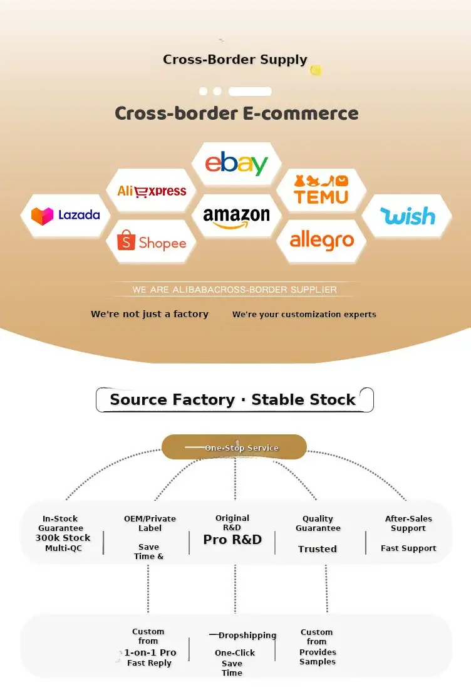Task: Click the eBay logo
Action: coord(236,163)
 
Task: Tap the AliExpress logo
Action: coord(152,191)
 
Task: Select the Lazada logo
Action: coord(65,216)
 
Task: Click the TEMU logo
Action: coord(321,190)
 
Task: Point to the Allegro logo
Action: coord(322,241)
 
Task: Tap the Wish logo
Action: coord(408,216)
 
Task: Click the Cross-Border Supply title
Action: coord(235,60)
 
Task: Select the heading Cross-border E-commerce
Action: coord(236,113)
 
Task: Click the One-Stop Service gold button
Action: coord(234,447)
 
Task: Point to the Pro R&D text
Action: coord(232,539)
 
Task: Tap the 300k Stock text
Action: coord(63,538)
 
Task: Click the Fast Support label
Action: coord(408,548)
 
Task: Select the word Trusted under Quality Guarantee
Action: coord(318,549)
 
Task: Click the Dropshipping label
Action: coord(247,636)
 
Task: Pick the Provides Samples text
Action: coord(318,656)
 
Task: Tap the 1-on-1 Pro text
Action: coord(150,652)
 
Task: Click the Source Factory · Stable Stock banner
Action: coord(235,400)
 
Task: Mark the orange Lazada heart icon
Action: coord(42,216)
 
